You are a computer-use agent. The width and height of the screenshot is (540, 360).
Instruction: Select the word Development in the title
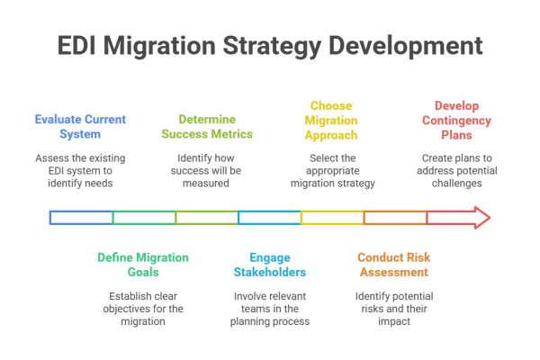coord(418,46)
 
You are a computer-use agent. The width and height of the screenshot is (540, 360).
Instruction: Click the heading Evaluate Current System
coord(81,126)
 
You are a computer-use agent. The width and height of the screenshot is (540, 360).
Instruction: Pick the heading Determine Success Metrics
coord(207,126)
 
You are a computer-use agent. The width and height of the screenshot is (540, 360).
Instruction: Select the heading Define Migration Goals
coord(143,264)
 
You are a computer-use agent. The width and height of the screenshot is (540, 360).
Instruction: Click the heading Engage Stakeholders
coord(269,264)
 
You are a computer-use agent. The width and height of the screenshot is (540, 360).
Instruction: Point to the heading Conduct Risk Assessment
coord(395,264)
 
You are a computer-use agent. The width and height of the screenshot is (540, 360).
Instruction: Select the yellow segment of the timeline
coord(332,217)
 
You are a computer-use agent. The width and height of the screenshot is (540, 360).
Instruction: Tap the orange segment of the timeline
coord(395,217)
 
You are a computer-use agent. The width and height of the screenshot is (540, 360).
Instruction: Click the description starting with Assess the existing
coord(81,168)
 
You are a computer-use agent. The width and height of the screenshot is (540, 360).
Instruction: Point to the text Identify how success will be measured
coord(207,168)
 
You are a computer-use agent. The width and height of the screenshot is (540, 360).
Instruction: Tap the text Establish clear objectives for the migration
coord(143,307)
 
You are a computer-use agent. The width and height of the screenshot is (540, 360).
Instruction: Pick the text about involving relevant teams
coord(269,307)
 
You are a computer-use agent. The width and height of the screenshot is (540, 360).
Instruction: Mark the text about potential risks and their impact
coord(395,307)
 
